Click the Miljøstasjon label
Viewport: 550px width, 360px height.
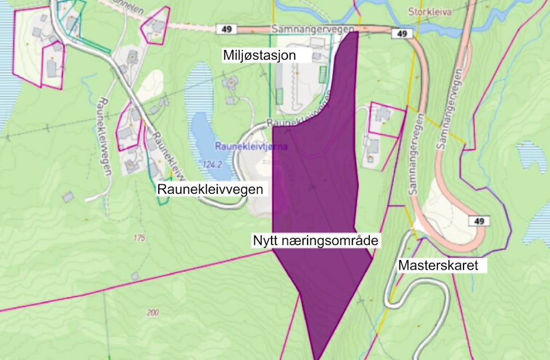coord(259,55)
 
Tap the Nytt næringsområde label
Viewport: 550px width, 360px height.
coord(316,241)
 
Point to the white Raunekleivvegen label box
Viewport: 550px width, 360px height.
coord(210,189)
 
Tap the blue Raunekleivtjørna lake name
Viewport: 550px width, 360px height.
coord(250,147)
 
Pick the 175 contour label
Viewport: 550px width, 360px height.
coord(139,238)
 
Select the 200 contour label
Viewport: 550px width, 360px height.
coord(153,313)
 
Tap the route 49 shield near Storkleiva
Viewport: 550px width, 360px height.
coord(402,34)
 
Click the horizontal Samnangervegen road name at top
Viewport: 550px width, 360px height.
coord(312,28)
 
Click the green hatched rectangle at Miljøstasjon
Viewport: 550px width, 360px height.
coord(323,76)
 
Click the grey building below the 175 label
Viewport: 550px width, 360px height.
coord(135,276)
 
